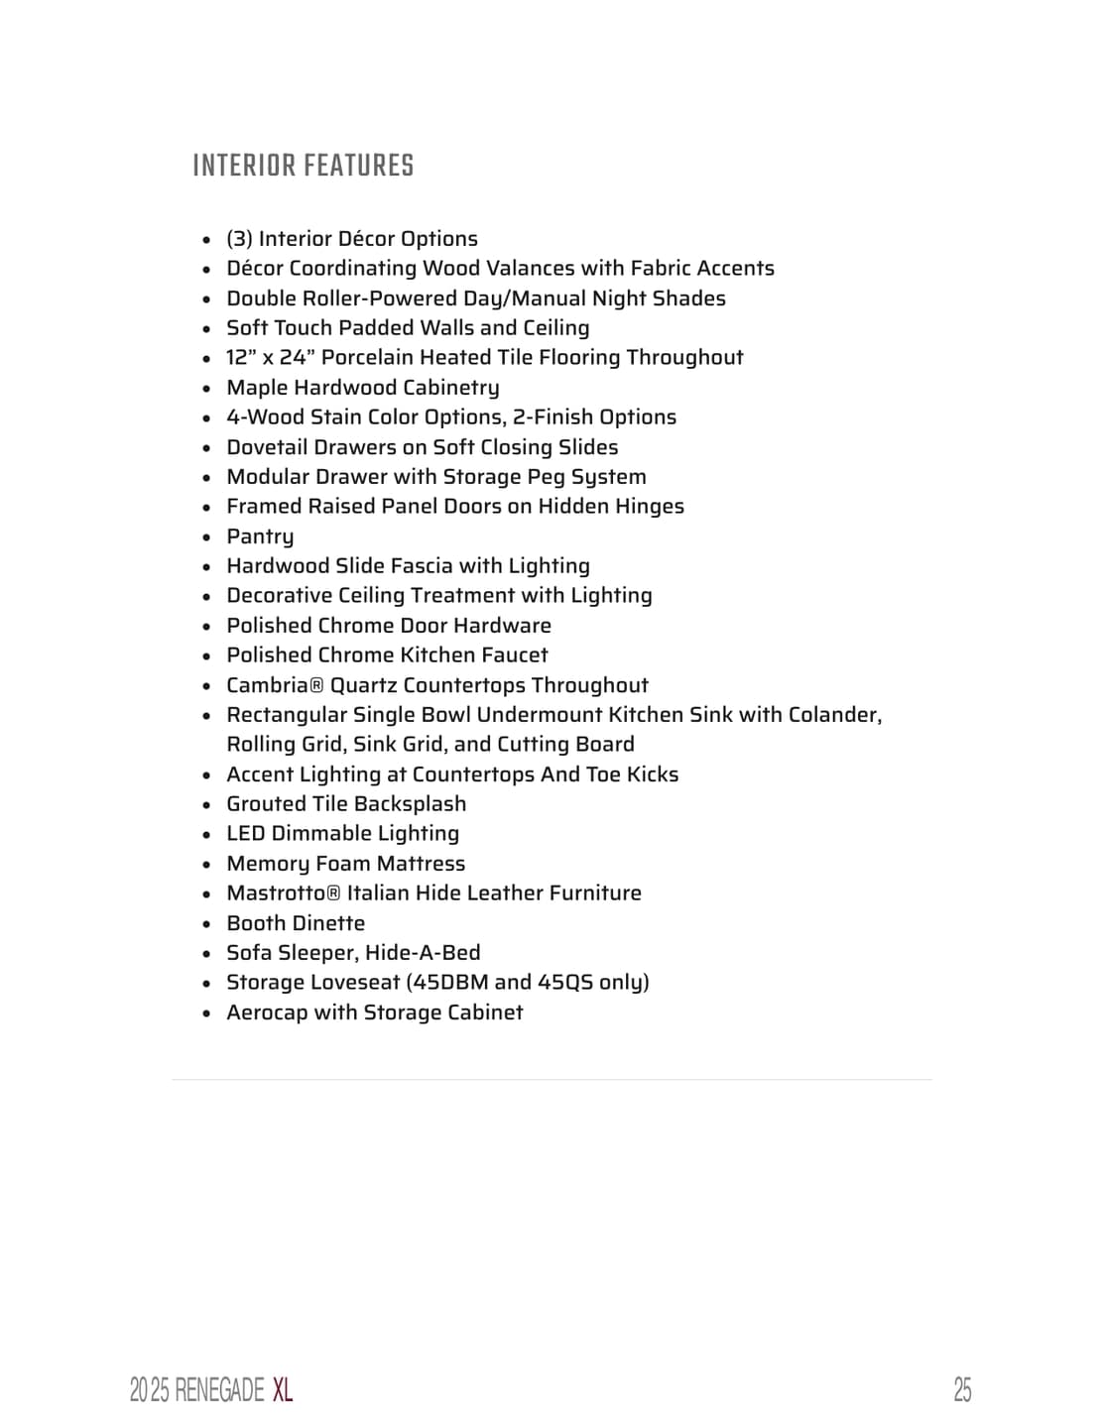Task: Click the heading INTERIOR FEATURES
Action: tap(303, 166)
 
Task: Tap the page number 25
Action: tap(962, 1389)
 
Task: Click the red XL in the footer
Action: tap(283, 1389)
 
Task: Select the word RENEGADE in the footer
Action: tap(219, 1389)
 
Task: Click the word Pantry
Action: tap(260, 536)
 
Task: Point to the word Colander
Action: tap(833, 715)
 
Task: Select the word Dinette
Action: tap(329, 923)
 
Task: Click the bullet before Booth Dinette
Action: tap(206, 924)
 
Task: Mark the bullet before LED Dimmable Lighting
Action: tap(206, 835)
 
